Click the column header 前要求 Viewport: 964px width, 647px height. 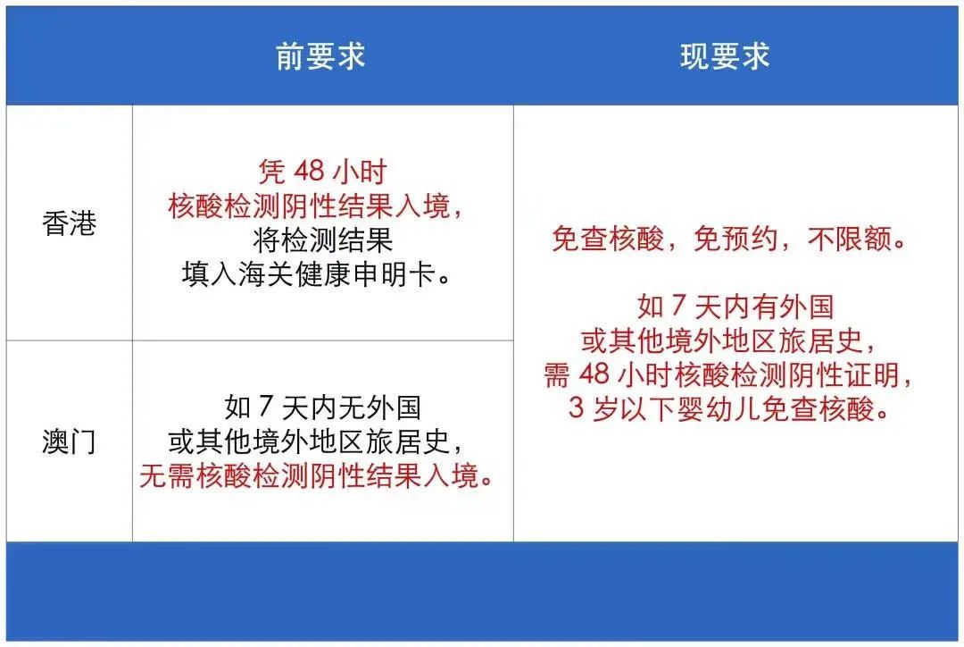pyautogui.click(x=321, y=57)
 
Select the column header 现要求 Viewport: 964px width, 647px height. pyautogui.click(x=724, y=57)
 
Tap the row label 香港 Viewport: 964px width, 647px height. pyautogui.click(x=69, y=223)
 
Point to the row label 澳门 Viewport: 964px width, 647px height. pyautogui.click(x=69, y=441)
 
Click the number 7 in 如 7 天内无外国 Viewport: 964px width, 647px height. pyautogui.click(x=264, y=408)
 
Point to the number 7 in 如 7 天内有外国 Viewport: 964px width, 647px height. pyautogui.click(x=677, y=307)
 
